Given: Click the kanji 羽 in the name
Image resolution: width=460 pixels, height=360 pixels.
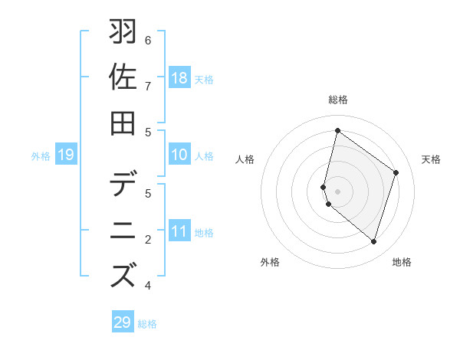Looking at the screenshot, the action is (123, 33).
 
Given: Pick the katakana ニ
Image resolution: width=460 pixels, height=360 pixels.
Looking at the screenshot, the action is (123, 231).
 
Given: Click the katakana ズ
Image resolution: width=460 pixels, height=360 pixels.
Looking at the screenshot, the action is (123, 275).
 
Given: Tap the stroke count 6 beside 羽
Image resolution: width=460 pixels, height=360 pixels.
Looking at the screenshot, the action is (148, 40).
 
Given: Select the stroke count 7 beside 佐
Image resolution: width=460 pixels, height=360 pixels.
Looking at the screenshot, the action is (148, 85).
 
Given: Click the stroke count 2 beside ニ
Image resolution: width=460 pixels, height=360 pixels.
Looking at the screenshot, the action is (148, 240).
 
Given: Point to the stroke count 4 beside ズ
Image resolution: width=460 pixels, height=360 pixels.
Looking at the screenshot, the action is (148, 286).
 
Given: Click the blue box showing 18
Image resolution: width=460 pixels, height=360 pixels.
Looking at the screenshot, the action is (179, 78).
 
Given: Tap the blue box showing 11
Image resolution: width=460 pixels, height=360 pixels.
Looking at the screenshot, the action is (179, 232).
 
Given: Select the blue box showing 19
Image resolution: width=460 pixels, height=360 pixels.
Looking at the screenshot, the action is (66, 155).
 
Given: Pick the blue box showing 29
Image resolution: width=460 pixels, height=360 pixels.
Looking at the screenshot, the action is (123, 322).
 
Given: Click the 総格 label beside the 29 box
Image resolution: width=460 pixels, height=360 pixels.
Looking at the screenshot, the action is (148, 324).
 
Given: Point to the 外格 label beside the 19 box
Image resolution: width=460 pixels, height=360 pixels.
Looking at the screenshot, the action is (41, 156).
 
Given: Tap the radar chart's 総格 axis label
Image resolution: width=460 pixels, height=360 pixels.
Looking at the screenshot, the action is (338, 100).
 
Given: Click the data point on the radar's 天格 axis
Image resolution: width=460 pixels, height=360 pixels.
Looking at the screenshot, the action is (396, 172).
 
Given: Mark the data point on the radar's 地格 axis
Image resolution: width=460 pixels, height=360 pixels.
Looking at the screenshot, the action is (373, 242).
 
